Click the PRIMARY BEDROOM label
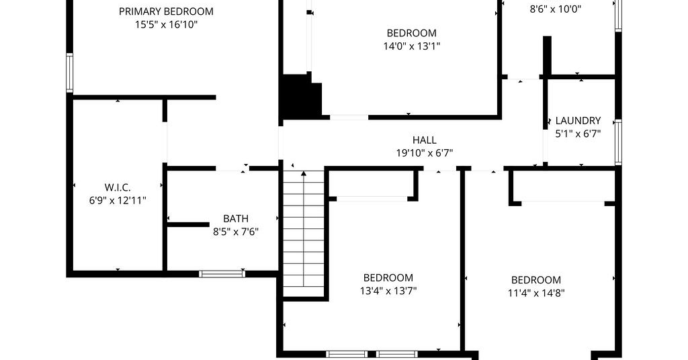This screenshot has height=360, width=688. tap(166, 11)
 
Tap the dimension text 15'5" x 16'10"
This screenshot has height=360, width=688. tap(166, 25)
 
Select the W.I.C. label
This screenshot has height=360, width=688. tap(118, 187)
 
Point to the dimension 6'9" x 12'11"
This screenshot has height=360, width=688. tap(118, 201)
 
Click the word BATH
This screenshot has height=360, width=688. tap(236, 218)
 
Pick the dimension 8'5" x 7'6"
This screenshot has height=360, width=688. tap(236, 232)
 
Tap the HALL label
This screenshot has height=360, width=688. tap(425, 140)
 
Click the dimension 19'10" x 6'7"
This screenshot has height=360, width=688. tap(425, 153)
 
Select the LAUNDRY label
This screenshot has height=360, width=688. tap(578, 121)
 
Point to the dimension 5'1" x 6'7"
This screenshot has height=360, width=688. tap(578, 134)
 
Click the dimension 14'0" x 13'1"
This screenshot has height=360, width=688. tap(412, 46)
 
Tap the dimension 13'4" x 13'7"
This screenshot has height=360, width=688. tap(388, 291)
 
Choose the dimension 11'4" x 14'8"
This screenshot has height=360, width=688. tap(536, 293)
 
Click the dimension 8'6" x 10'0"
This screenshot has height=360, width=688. tap(556, 9)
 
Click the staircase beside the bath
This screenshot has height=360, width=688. tap(304, 233)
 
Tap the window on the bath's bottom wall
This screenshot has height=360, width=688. tap(222, 274)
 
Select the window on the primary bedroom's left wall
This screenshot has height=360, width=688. tap(69, 73)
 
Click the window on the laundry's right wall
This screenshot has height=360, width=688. tap(618, 142)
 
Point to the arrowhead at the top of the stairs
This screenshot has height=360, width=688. tap(304, 174)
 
